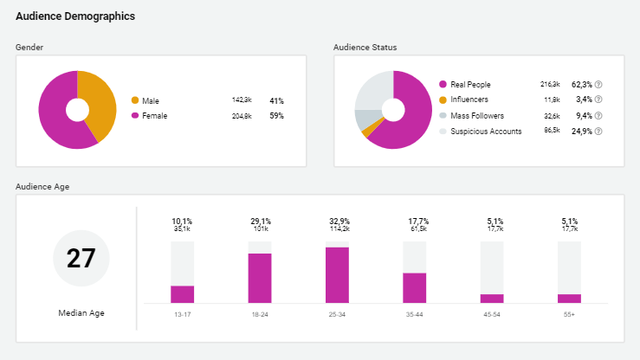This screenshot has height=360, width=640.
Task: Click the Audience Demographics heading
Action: point(74,16)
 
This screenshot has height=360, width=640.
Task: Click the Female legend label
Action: point(155,115)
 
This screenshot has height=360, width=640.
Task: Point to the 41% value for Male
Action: point(276,100)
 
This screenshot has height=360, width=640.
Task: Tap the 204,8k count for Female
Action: point(242,115)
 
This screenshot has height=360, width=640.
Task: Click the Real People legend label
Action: point(470,85)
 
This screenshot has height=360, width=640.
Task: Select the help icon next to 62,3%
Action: point(598,85)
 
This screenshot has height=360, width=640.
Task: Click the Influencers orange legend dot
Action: point(443,100)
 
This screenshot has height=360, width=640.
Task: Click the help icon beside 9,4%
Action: point(598,116)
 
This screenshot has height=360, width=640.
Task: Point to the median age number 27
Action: point(81,259)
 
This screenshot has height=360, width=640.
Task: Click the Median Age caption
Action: point(81,312)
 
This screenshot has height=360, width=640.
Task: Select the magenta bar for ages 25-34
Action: point(337,274)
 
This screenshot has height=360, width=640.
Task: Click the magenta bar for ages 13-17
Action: point(182,293)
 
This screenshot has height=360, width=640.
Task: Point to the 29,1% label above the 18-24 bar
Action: point(260,222)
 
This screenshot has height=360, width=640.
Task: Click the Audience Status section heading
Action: point(365,47)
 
